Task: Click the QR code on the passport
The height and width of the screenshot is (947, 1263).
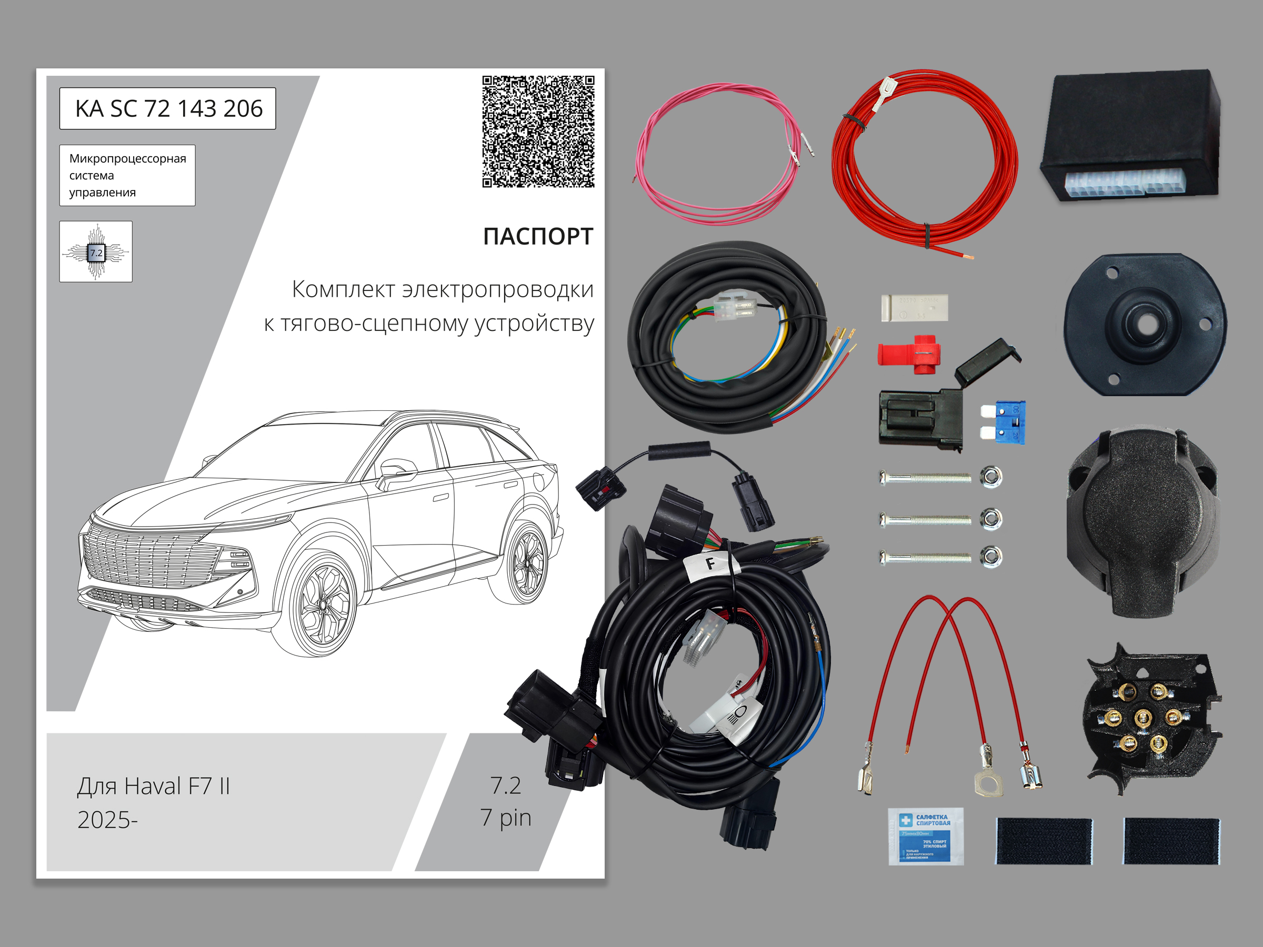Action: (538, 132)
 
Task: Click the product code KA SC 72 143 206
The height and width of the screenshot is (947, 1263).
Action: (168, 108)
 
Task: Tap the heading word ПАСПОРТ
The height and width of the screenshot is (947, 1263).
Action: (538, 236)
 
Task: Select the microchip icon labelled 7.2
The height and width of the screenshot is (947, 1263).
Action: (96, 251)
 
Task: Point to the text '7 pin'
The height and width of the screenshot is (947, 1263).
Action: (506, 818)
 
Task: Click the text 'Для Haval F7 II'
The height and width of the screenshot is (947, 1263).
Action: (154, 786)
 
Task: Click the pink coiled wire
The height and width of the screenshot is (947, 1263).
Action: (717, 154)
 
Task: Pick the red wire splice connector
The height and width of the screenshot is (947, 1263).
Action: (910, 354)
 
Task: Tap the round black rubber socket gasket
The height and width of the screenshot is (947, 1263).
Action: (1145, 324)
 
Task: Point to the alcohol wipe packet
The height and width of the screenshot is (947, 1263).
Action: (926, 837)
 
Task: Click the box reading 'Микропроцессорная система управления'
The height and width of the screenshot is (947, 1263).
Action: (127, 175)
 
